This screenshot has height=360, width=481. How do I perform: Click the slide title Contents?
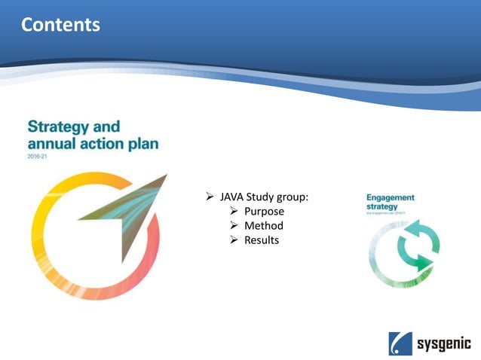click(x=60, y=25)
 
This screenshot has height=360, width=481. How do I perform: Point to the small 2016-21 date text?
click(x=37, y=158)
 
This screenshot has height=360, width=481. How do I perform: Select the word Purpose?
click(x=264, y=212)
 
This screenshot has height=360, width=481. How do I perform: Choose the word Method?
click(x=264, y=226)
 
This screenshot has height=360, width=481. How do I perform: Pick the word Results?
click(x=262, y=240)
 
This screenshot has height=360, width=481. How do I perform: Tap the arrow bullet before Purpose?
click(x=234, y=212)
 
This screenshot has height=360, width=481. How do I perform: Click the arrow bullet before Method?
click(x=234, y=226)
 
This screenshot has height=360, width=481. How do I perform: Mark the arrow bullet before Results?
click(x=234, y=240)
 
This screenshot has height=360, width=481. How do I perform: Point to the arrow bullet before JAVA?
click(x=211, y=197)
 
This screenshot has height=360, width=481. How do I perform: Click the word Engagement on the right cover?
click(x=390, y=197)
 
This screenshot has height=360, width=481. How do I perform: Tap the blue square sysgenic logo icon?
click(x=400, y=343)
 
